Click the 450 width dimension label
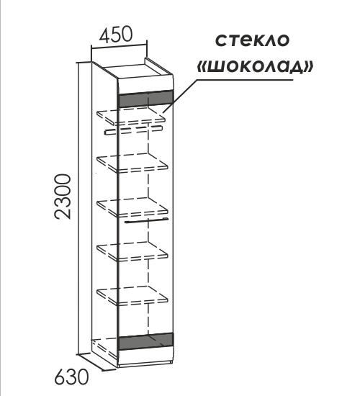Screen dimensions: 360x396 click(x=116, y=34)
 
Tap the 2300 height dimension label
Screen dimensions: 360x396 click(x=63, y=197)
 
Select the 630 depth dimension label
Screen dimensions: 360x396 click(x=72, y=377)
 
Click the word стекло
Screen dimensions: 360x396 click(x=252, y=40)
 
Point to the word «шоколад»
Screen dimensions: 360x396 click(x=255, y=67)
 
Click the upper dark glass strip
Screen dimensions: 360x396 click(x=145, y=99)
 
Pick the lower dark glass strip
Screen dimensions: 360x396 click(x=146, y=341)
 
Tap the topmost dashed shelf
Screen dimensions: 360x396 click(x=131, y=116)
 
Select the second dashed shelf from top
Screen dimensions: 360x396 click(x=132, y=163)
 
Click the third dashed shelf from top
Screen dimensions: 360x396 click(x=132, y=207)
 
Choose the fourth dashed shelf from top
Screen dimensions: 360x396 click(x=132, y=251)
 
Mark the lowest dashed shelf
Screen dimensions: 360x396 click(x=132, y=296)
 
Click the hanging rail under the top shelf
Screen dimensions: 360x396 click(x=133, y=130)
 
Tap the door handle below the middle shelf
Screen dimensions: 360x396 click(x=147, y=220)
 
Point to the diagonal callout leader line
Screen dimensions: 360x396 click(x=180, y=96)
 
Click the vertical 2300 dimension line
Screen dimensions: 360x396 click(x=79, y=208)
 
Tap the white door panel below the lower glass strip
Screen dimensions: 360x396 click(x=146, y=356)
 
